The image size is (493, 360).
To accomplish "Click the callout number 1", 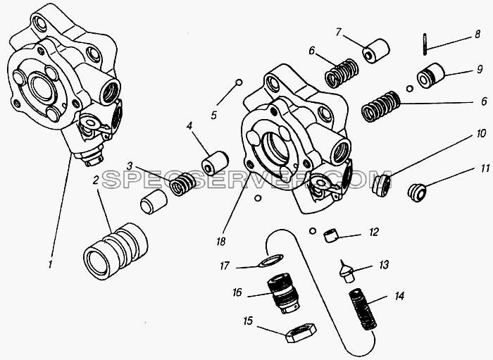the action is tap(50, 264).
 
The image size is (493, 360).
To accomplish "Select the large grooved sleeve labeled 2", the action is tap(116, 252).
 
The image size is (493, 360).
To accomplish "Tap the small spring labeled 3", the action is tap(183, 185).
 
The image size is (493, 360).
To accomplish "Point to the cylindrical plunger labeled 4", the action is tap(215, 163).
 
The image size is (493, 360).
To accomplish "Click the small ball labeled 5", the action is tap(239, 82).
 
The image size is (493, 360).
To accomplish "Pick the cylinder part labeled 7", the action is tap(376, 51).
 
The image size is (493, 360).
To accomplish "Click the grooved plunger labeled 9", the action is tap(430, 76).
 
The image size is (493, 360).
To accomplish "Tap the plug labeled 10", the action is tap(382, 185).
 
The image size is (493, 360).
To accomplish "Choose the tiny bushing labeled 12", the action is tap(331, 236).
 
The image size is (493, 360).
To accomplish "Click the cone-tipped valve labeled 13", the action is tap(347, 271).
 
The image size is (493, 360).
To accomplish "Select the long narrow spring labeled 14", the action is tap(363, 310).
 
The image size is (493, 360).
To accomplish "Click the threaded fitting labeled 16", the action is tap(284, 293).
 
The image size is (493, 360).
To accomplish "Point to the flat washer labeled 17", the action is tap(270, 261).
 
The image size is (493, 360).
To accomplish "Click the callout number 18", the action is tap(220, 242).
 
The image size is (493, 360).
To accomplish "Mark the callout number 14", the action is tap(399, 296).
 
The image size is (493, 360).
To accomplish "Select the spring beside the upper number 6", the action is tap(342, 73).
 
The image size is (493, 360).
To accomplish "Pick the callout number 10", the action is tap(481, 134).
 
